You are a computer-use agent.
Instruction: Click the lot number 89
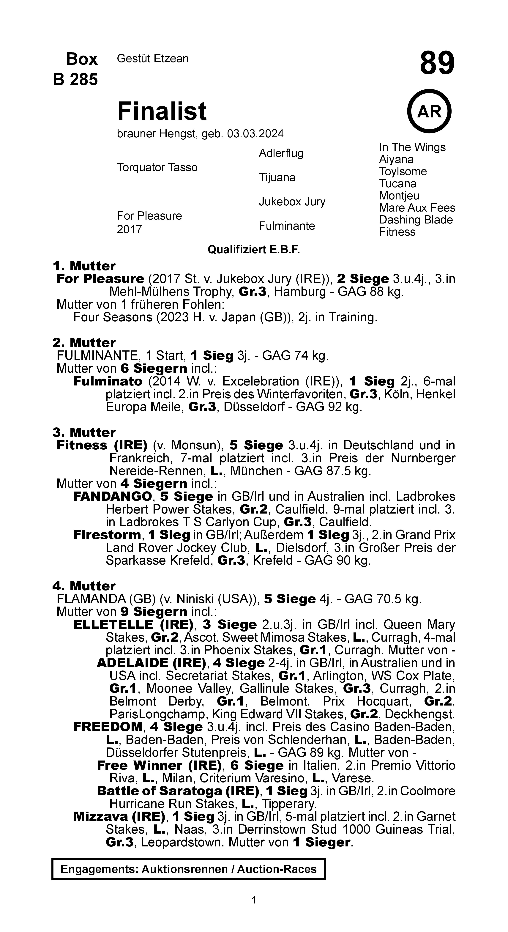coord(437,63)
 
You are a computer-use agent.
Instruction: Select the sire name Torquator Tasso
coord(157,168)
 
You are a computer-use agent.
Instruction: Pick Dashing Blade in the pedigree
coord(416,220)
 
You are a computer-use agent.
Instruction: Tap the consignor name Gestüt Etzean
coord(153,59)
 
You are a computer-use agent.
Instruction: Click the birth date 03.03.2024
coord(255,134)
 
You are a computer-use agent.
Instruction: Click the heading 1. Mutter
coord(84,266)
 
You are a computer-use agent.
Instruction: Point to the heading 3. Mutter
coord(84,432)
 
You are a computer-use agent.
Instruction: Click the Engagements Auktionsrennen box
coord(189,869)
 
